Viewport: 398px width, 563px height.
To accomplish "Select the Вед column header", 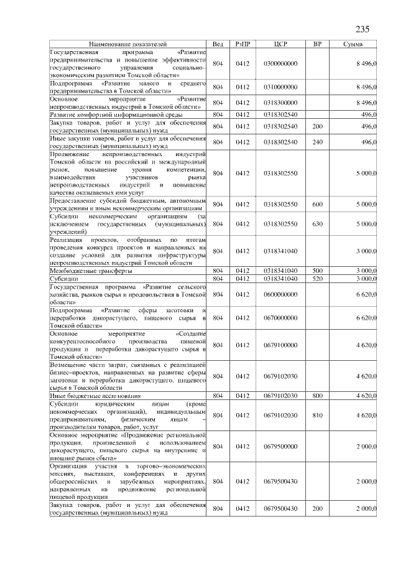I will pos(218,45).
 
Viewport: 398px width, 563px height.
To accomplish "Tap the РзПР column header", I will pos(243,45).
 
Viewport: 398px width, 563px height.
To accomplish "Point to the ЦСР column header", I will pos(280,45).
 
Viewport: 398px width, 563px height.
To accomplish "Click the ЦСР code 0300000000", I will pos(280,63).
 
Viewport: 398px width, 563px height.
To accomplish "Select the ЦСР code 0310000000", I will pos(280,87).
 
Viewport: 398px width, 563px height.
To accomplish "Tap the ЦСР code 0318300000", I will pos(280,103).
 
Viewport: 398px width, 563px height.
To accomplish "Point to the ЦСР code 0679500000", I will pos(280,447).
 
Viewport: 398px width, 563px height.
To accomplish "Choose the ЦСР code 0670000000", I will pos(280,317).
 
